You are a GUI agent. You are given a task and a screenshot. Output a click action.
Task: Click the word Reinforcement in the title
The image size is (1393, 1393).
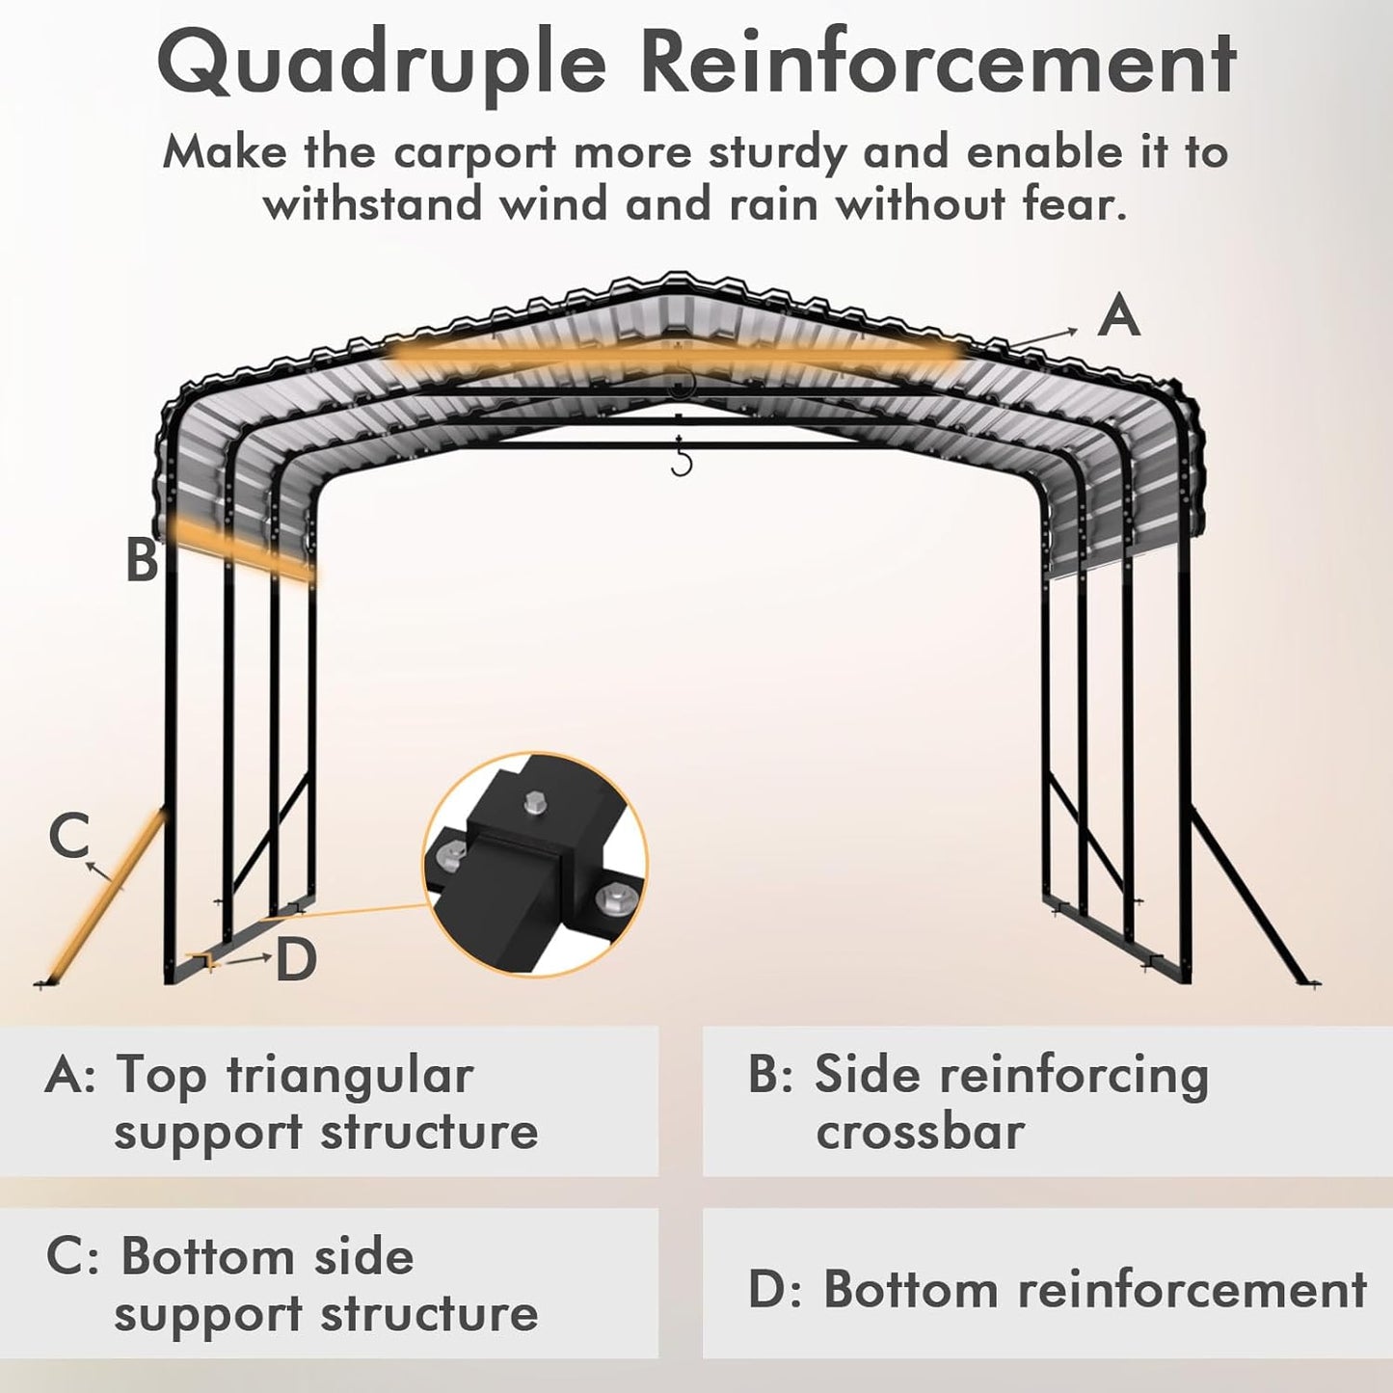pyautogui.click(x=937, y=64)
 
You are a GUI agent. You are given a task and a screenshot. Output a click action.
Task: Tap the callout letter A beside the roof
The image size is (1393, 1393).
pyautogui.click(x=1118, y=316)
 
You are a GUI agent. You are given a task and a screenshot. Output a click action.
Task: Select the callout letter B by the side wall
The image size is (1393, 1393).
pyautogui.click(x=142, y=559)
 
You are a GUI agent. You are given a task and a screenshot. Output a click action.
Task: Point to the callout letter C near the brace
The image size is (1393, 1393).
pyautogui.click(x=68, y=835)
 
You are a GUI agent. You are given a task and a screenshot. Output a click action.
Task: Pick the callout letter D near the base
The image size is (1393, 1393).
pyautogui.click(x=296, y=960)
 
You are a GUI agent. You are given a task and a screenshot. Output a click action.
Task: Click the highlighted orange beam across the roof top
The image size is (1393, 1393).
pyautogui.click(x=675, y=355)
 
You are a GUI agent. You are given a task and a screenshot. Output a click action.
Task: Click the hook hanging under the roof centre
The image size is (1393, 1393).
pyautogui.click(x=682, y=461)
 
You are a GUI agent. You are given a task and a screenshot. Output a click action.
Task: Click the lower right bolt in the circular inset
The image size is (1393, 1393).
pyautogui.click(x=610, y=900)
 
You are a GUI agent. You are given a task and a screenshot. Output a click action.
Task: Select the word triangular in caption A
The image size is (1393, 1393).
pyautogui.click(x=350, y=1075)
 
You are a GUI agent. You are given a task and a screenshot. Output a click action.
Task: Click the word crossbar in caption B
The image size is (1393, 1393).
pyautogui.click(x=920, y=1132)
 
